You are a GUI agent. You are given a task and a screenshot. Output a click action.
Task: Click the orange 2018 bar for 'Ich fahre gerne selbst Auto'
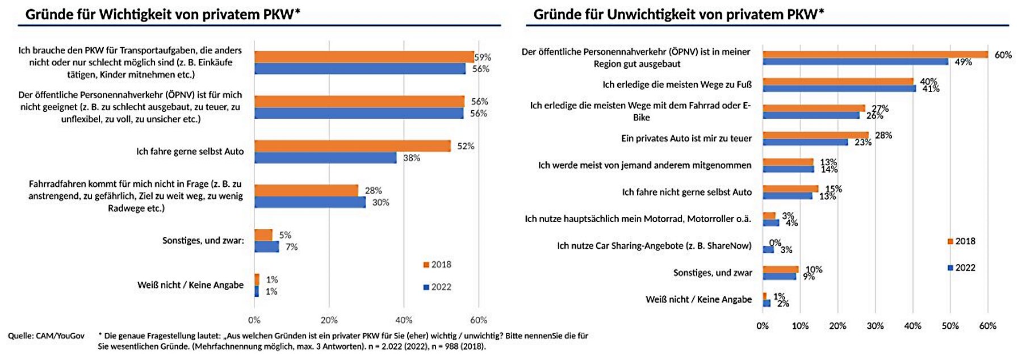[353, 146]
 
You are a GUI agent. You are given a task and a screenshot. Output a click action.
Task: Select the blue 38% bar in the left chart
[325, 158]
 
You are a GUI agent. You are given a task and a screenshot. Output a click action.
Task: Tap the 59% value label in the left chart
[483, 57]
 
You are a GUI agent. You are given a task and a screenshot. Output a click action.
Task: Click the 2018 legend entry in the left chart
[437, 265]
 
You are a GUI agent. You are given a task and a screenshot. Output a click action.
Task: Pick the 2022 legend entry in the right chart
[961, 267]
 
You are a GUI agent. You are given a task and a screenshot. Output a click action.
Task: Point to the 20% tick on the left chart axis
[329, 320]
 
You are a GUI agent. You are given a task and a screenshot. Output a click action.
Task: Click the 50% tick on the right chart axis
[950, 326]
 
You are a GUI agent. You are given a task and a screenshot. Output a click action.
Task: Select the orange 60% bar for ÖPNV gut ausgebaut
[875, 55]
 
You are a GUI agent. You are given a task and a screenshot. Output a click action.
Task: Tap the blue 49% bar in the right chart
[856, 61]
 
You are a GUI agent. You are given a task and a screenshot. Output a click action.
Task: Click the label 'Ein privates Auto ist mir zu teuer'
[686, 139]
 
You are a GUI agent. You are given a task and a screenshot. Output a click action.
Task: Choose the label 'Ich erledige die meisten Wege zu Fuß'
[677, 85]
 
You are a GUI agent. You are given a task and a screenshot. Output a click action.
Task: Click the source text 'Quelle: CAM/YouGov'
[46, 336]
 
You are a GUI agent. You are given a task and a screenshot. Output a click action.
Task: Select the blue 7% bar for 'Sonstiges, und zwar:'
[267, 247]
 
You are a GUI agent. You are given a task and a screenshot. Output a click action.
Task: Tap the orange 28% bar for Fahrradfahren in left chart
[307, 190]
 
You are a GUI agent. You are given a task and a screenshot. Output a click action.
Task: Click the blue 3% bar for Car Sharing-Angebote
[768, 249]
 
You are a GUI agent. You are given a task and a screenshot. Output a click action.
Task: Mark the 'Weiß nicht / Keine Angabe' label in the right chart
[698, 299]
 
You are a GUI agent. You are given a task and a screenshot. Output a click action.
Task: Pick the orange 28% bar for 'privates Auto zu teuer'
[816, 135]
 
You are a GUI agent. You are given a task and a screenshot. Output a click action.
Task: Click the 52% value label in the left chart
[466, 146]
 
